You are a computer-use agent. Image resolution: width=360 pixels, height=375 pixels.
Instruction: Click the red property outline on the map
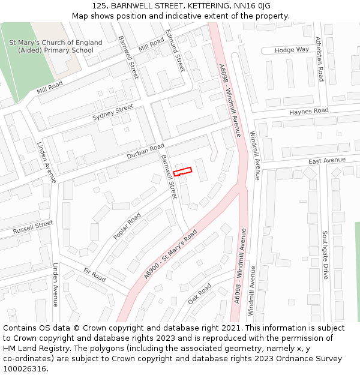click(x=182, y=172)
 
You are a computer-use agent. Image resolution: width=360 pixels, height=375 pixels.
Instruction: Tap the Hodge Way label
click(x=292, y=50)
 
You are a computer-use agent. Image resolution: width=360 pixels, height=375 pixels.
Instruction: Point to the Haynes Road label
click(x=308, y=112)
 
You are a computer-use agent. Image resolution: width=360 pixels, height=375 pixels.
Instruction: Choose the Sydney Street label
click(x=113, y=112)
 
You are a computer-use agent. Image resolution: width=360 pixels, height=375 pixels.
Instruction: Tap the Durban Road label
click(x=145, y=151)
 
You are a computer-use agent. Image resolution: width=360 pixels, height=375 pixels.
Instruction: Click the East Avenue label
click(x=327, y=161)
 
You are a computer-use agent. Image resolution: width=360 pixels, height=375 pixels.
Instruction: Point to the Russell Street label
click(x=34, y=227)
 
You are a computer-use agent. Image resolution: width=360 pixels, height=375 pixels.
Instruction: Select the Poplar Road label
click(x=127, y=226)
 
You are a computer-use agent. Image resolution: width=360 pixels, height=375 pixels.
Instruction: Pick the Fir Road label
click(x=95, y=275)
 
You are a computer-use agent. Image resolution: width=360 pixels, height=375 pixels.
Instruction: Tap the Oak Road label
click(x=200, y=294)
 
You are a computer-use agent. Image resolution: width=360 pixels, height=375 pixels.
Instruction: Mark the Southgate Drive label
click(x=325, y=255)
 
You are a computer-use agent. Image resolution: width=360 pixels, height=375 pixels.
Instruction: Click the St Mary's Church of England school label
click(x=56, y=46)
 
